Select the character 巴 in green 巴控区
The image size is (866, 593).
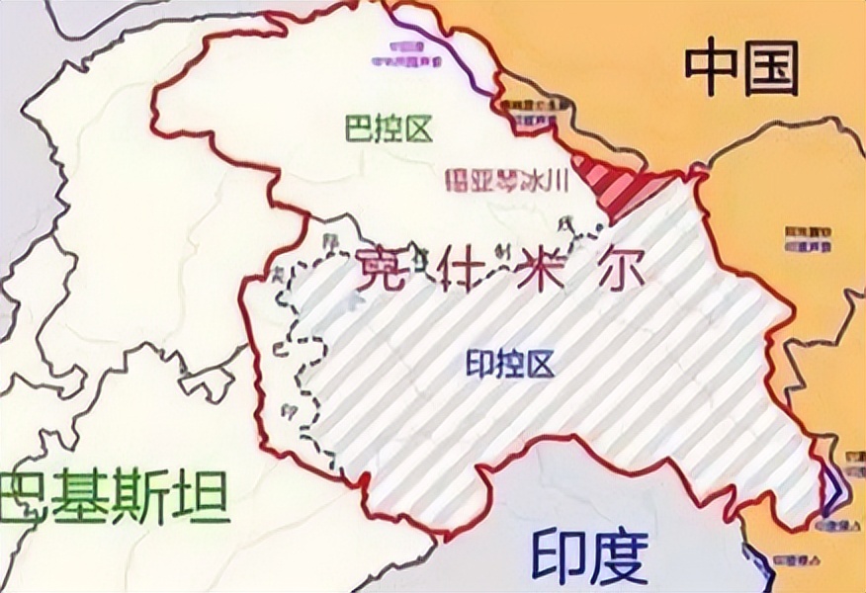359,129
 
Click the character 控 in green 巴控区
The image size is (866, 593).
389,129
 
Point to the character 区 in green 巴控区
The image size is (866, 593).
419,129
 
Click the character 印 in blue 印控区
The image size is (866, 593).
479,365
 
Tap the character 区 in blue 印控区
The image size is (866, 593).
540,365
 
